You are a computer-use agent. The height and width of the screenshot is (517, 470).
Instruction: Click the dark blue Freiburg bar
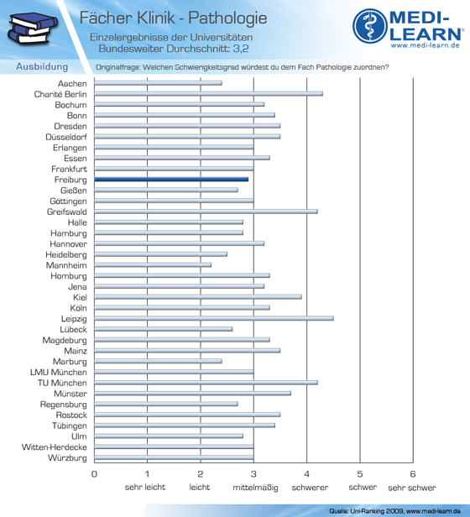[171, 180]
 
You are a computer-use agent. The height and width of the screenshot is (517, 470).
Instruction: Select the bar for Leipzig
[214, 318]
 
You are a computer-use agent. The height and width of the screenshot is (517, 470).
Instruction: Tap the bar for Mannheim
[153, 264]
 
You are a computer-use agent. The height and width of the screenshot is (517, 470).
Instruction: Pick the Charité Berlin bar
[208, 94]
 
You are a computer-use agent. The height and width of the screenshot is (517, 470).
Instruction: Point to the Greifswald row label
[66, 211]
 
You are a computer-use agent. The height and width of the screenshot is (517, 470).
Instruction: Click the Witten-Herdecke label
[55, 447]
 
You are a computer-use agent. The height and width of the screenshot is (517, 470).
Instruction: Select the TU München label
[62, 383]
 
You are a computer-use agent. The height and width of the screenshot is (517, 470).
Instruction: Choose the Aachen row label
[72, 83]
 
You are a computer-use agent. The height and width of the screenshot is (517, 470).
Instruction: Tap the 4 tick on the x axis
[306, 474]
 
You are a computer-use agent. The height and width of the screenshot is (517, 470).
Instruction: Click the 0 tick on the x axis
[94, 474]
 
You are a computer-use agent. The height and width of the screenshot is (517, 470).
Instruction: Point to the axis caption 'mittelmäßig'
[255, 488]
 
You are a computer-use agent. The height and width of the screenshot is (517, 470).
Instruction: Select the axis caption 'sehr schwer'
[412, 488]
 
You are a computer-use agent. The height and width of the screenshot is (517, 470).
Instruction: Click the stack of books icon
[32, 29]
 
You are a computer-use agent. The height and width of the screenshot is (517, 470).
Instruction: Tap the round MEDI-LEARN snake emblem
[370, 26]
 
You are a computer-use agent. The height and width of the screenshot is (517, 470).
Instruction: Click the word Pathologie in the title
[227, 18]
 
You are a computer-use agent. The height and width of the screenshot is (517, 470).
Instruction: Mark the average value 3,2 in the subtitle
[241, 49]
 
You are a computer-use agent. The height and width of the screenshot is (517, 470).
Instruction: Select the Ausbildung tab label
[42, 66]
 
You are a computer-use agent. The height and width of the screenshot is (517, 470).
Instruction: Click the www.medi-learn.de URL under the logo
[426, 45]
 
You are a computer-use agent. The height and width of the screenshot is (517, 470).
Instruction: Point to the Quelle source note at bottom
[394, 511]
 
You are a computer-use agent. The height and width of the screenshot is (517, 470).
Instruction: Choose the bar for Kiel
[198, 297]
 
